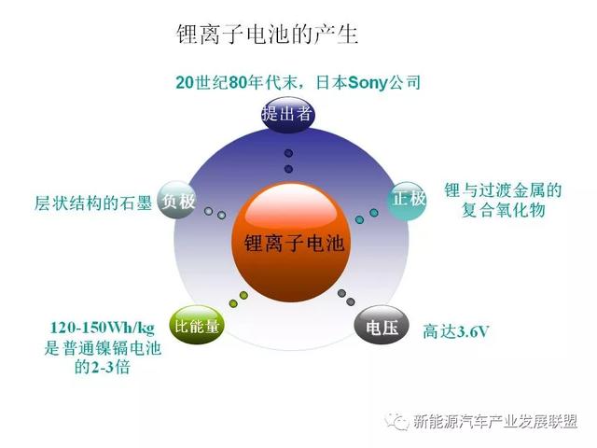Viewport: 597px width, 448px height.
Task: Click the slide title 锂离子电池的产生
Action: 267,35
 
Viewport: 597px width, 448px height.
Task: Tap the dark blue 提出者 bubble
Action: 288,114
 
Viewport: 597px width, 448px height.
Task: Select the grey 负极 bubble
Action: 177,201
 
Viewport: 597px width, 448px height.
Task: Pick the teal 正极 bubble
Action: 408,200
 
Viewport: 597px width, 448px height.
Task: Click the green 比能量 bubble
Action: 197,325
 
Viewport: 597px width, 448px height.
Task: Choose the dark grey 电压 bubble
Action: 382,326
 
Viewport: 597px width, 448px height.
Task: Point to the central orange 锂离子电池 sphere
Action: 292,243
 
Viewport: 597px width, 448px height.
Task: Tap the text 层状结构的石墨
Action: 93,203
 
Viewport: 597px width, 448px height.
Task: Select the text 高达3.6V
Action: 455,331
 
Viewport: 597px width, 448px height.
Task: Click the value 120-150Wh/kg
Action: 103,328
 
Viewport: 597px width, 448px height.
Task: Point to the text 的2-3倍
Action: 102,367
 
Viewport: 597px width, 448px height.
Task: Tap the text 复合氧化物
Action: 503,210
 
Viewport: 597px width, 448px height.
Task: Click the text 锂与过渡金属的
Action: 503,190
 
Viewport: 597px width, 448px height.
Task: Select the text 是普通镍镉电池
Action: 103,348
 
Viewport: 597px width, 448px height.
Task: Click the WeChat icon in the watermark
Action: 397,421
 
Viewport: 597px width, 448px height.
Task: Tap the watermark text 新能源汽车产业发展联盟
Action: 495,421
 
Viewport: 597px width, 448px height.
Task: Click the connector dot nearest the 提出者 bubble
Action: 288,153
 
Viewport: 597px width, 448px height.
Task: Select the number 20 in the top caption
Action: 186,82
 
